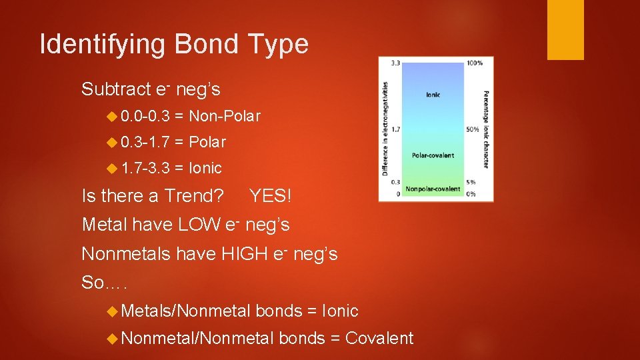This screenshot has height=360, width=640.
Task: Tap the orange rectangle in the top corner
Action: point(565,30)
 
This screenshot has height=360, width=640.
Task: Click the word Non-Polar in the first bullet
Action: point(225,116)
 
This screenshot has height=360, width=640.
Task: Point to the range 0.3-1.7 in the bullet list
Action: point(149,142)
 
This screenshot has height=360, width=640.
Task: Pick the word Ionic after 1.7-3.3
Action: point(205,168)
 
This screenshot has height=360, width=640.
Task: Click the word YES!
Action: point(270,196)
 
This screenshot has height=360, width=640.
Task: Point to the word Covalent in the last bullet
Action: point(379,339)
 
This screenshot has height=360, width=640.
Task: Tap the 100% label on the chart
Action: point(474,63)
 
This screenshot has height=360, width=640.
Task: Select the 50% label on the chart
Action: point(473,129)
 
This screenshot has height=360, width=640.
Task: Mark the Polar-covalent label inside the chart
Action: point(433,155)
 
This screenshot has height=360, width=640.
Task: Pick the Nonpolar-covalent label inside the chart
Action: point(433,189)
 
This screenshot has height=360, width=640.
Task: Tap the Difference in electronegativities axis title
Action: point(385,129)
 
